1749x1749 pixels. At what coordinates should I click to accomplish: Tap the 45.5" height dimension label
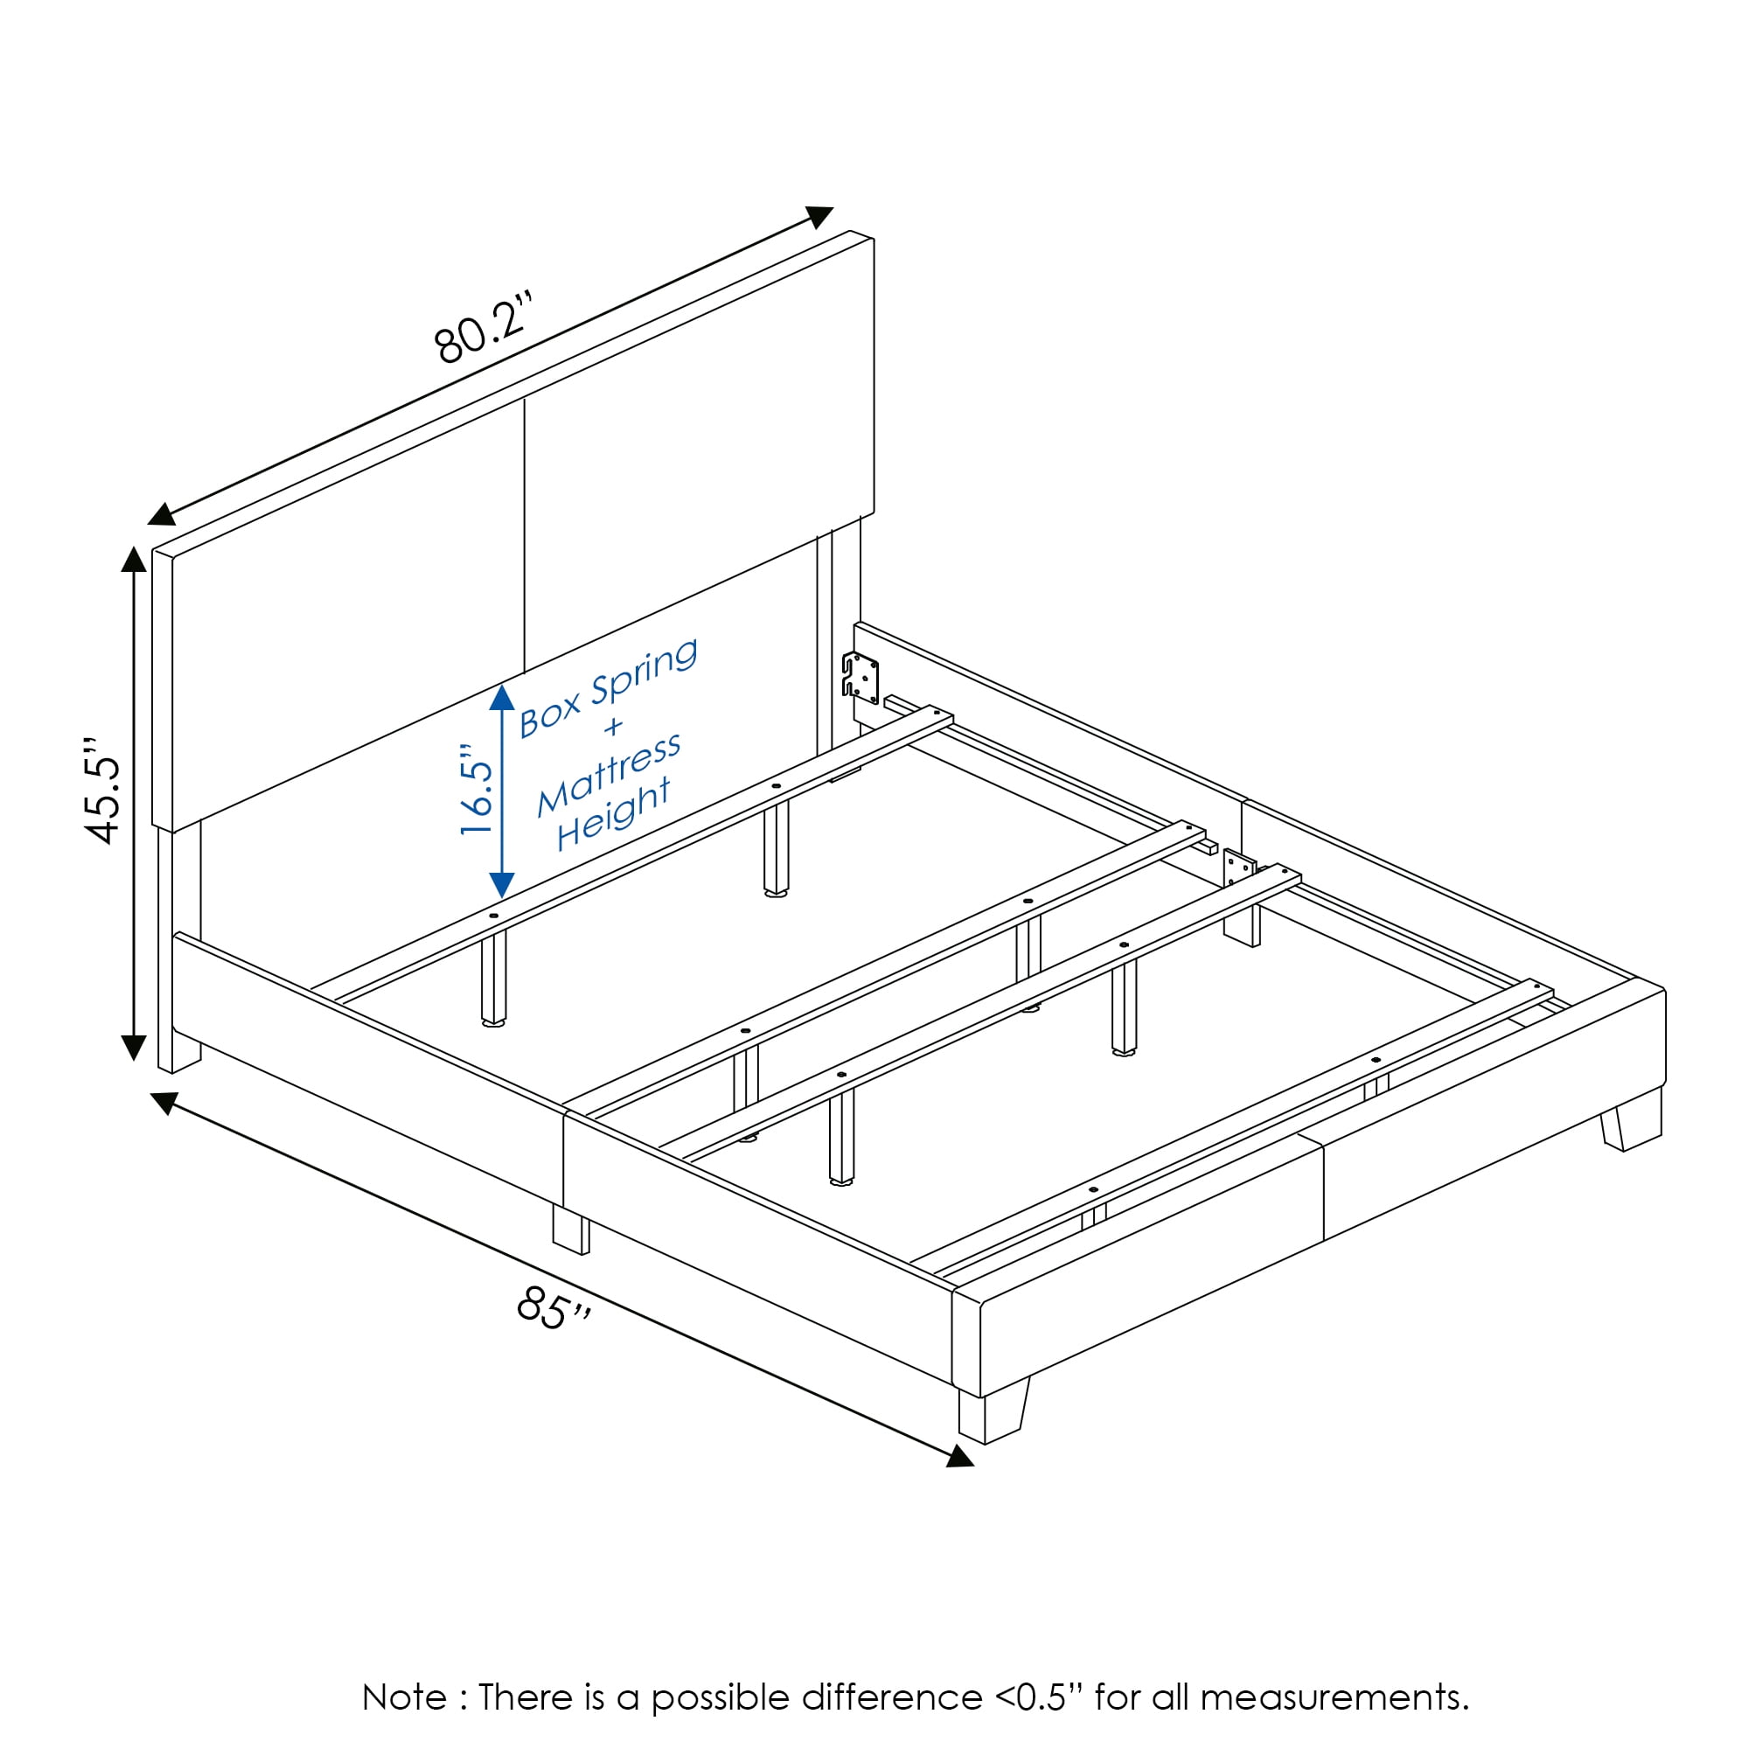[102, 791]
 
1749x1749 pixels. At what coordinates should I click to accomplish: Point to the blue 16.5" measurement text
[477, 790]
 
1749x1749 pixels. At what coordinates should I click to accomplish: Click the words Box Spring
[609, 687]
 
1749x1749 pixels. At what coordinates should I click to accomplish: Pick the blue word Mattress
[610, 775]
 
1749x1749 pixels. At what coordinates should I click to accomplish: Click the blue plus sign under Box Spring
[615, 725]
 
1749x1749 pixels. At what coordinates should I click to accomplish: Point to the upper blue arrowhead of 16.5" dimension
[503, 697]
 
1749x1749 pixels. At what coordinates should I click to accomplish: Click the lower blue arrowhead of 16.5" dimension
[503, 884]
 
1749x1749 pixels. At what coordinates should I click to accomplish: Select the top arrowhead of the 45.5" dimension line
[134, 560]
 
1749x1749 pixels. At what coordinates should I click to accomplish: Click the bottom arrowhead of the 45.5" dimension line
[134, 1048]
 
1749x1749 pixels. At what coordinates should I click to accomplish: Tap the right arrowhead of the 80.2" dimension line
[819, 217]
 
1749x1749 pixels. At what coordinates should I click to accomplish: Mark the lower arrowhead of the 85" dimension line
[960, 1456]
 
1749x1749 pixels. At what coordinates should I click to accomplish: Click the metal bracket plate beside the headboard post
[860, 677]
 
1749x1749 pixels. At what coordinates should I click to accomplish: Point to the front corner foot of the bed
[993, 1413]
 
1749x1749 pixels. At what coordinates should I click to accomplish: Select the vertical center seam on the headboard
[524, 535]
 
